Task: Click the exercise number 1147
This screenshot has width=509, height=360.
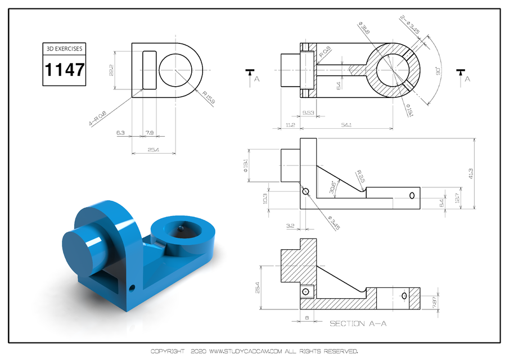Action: pyautogui.click(x=65, y=70)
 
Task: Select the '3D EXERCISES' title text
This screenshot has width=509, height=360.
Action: pyautogui.click(x=65, y=48)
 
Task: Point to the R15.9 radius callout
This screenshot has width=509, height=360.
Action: pyautogui.click(x=199, y=96)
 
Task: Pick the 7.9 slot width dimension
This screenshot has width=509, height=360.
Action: pyautogui.click(x=149, y=133)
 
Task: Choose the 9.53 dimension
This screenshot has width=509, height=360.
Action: pyautogui.click(x=308, y=113)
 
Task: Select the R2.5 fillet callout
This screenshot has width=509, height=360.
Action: pyautogui.click(x=360, y=176)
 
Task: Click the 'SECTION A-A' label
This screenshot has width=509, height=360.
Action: pyautogui.click(x=358, y=323)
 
